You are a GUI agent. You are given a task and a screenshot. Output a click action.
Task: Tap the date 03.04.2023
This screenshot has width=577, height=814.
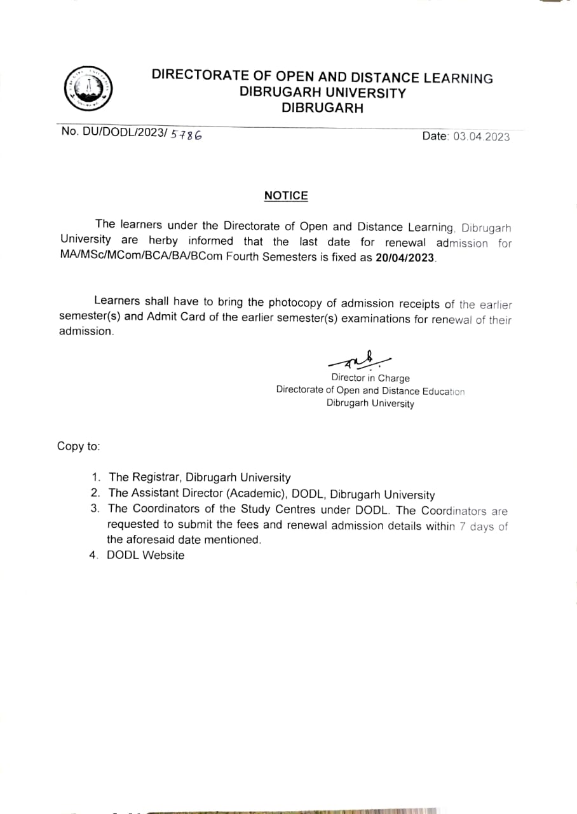481,136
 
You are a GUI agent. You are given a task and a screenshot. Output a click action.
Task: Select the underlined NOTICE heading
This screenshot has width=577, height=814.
286,196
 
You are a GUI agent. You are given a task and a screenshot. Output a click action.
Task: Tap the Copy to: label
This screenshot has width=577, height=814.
78,446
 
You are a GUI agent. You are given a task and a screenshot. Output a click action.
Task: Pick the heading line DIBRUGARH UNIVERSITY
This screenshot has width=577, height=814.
322,93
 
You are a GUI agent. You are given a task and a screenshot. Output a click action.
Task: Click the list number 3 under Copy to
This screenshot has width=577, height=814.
94,509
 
